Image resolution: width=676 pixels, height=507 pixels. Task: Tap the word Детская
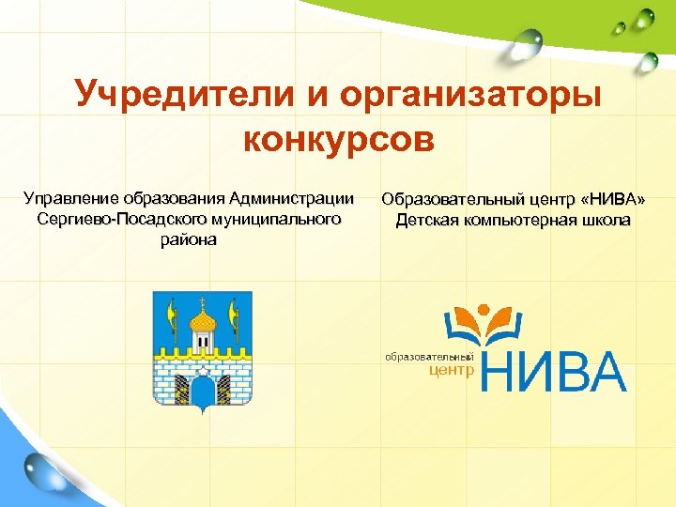(425, 221)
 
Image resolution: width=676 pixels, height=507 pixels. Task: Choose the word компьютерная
(520, 221)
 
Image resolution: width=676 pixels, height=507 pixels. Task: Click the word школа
(607, 221)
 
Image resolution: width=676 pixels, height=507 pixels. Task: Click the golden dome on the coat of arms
(203, 324)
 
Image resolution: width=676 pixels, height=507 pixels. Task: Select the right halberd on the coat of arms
(235, 324)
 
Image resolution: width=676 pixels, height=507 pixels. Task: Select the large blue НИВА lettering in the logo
(554, 372)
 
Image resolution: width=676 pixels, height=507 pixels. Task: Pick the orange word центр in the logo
(451, 371)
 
